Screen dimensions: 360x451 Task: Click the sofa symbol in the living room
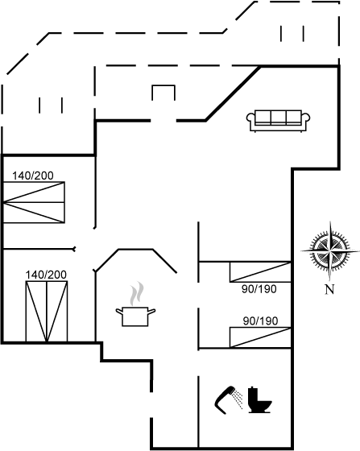[x=278, y=121]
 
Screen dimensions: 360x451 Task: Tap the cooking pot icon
[x=135, y=317]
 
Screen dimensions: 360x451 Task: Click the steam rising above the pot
[x=137, y=293]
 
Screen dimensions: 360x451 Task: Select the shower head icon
[x=228, y=400]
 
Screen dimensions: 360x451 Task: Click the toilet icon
[x=259, y=400]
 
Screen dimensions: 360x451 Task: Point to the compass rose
[x=330, y=251]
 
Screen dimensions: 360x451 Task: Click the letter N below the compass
[x=330, y=289]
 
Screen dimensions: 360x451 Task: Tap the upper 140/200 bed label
[x=33, y=176]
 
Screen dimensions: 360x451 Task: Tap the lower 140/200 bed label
[x=46, y=275]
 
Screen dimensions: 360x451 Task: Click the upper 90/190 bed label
[x=259, y=289]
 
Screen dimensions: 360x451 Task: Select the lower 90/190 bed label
[x=260, y=321]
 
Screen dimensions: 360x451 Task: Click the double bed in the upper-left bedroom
[x=34, y=202]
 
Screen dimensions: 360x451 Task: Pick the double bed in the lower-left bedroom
[x=47, y=312]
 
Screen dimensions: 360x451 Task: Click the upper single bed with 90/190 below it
[x=260, y=272]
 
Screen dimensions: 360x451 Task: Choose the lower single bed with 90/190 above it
[x=260, y=337]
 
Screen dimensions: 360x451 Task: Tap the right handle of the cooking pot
[x=151, y=311]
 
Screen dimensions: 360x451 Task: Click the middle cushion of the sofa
[x=279, y=118]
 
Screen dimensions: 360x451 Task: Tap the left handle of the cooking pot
[x=119, y=311]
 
